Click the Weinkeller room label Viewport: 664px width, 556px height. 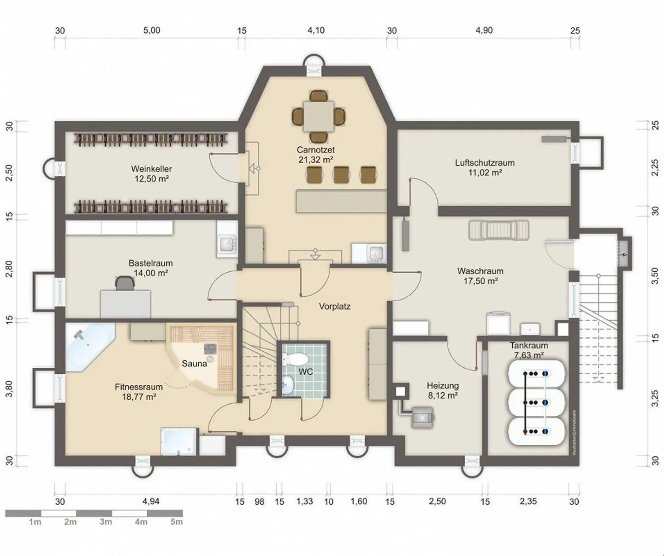point(151,169)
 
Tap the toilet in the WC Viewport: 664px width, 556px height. point(298,359)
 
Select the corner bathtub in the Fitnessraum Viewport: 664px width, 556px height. point(88,347)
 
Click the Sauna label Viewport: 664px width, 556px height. point(194,364)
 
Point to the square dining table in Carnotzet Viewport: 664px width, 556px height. point(319,116)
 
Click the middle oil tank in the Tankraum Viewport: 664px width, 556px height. point(536,402)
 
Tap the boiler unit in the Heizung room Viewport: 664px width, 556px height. point(422,417)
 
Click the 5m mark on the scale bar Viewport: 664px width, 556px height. point(177,522)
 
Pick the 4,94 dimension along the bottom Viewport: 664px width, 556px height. point(151,501)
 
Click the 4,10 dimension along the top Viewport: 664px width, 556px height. point(316,30)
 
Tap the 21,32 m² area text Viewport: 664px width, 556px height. point(315,160)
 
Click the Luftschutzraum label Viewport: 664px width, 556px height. point(485,162)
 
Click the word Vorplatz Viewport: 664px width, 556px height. point(335,306)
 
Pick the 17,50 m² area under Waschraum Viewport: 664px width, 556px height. point(480,281)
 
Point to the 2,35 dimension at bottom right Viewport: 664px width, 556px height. point(528,501)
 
